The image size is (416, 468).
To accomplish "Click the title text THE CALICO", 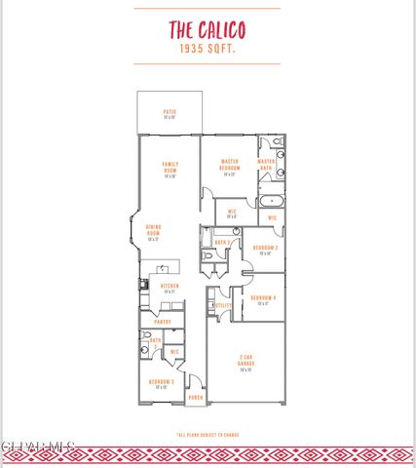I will pyautogui.click(x=208, y=28).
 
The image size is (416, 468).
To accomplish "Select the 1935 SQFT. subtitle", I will pyautogui.click(x=208, y=48).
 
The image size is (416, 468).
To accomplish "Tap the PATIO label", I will pyautogui.click(x=170, y=114).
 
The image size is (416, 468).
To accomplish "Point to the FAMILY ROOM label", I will pyautogui.click(x=170, y=169).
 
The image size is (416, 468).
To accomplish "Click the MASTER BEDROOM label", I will pyautogui.click(x=230, y=167).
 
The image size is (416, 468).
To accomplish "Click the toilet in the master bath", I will pyautogui.click(x=278, y=143).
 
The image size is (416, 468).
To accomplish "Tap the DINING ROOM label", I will pyautogui.click(x=153, y=235).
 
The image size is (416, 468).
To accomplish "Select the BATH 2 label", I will pyautogui.click(x=221, y=241).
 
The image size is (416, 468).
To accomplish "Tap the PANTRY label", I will pyautogui.click(x=162, y=321).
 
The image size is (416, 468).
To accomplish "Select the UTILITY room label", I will pyautogui.click(x=222, y=305).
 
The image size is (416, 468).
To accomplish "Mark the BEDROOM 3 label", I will pyautogui.click(x=160, y=383).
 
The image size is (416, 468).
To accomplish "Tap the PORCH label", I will pyautogui.click(x=196, y=399).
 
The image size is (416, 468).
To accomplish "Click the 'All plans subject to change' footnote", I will pyautogui.click(x=208, y=435).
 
